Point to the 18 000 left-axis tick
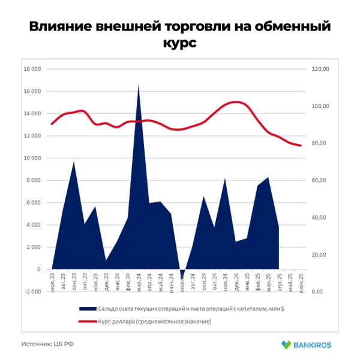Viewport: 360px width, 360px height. coord(32,69)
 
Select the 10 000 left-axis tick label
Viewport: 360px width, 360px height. coord(32,158)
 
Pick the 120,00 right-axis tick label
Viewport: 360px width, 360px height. coord(321,69)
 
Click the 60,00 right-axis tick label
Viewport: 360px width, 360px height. coord(321,181)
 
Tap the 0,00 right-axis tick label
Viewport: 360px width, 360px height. coord(323,292)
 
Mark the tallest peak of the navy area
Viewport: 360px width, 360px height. coord(139,85)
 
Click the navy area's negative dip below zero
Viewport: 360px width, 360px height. coord(182,277)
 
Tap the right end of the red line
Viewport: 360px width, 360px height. coord(301,146)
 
